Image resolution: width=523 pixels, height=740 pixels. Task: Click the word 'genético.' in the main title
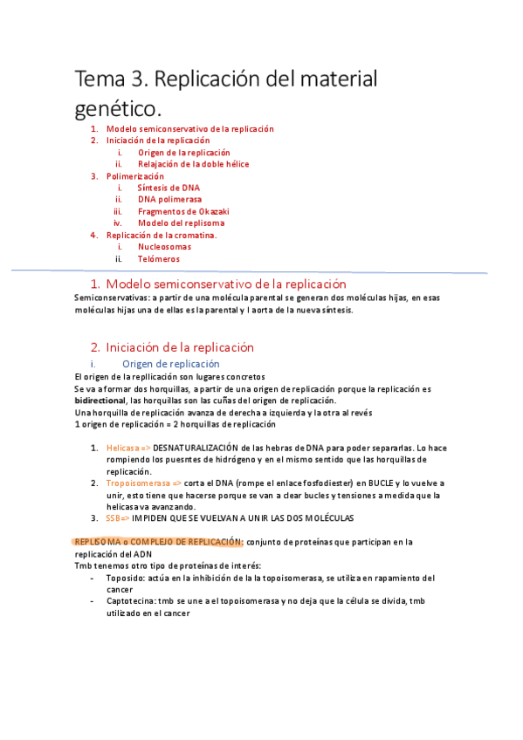pos(118,109)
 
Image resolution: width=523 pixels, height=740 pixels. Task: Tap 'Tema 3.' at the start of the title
pos(109,79)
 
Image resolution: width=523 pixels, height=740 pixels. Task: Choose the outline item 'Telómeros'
pos(158,259)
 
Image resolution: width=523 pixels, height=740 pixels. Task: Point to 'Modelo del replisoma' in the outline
pos(181,223)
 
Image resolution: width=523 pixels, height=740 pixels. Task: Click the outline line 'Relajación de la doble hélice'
pos(193,164)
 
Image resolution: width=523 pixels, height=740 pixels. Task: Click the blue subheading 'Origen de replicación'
pos(170,364)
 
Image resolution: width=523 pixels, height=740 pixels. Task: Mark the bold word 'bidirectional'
pos(101,400)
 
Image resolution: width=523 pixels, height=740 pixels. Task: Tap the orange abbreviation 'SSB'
pos(114,517)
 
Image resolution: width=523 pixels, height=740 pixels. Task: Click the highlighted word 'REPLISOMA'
pos(96,542)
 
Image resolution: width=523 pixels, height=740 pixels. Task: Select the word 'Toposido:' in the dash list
pos(126,578)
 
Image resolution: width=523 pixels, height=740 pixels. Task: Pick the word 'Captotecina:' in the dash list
pos(133,601)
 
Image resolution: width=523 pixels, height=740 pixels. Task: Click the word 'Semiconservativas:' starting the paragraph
pos(112,298)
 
